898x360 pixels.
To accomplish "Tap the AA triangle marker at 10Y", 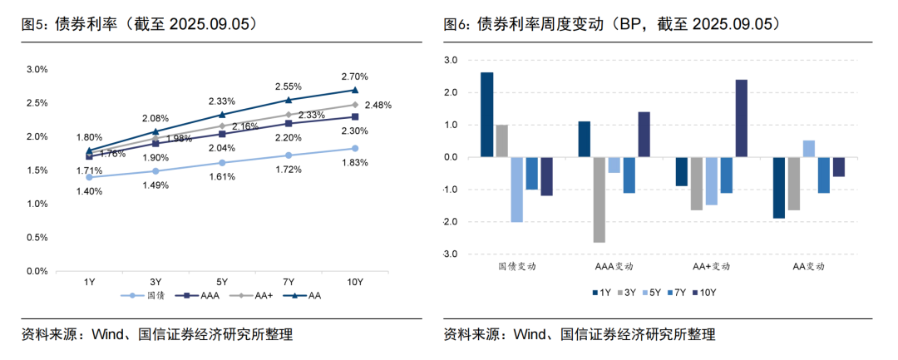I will click(x=355, y=90).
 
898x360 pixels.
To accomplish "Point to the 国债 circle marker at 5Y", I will click(x=222, y=163).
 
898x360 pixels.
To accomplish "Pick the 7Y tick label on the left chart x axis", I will click(x=289, y=282).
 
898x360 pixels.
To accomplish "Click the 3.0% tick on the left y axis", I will click(x=37, y=69).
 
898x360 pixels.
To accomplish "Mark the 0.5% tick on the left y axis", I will click(x=37, y=238).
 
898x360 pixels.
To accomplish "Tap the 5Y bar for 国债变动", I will click(x=516, y=190).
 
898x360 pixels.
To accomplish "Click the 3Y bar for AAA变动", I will click(x=599, y=200).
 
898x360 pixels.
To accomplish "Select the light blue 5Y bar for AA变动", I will click(x=808, y=149).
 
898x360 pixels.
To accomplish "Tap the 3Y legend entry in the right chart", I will click(x=629, y=293).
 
